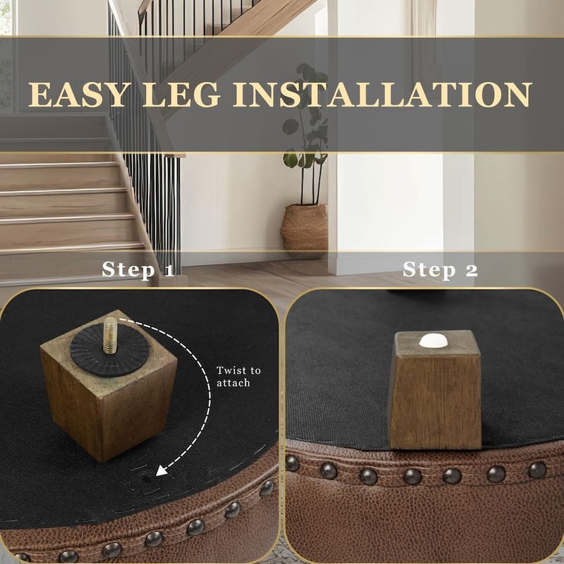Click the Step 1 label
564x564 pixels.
point(137,269)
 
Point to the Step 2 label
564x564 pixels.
point(440,269)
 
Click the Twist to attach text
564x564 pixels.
point(238,376)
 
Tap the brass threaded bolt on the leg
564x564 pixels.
point(110,335)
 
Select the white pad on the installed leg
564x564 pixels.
point(434,341)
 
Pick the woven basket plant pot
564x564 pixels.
point(304,229)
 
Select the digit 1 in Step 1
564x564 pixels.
point(168,270)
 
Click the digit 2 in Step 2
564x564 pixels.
point(471,270)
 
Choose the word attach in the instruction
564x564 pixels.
point(233,383)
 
